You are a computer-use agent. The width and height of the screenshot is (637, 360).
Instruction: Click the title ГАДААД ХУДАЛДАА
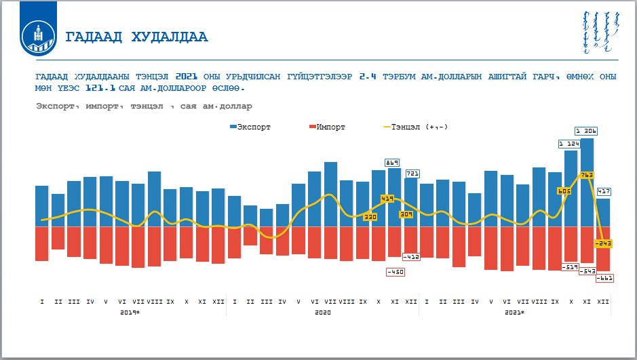(x=136, y=37)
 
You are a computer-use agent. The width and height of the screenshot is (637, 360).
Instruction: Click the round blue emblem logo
(x=38, y=37)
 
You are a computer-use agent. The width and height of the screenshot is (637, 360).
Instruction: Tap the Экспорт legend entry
(x=251, y=127)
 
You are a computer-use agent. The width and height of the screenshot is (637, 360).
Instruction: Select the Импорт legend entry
(x=327, y=127)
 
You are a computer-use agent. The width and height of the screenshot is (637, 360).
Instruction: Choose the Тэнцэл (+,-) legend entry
(x=416, y=127)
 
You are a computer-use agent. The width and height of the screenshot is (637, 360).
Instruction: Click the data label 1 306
(x=586, y=131)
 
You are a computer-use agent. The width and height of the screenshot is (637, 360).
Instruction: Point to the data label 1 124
(x=570, y=144)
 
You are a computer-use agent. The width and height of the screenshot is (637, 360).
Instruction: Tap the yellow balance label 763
(x=586, y=175)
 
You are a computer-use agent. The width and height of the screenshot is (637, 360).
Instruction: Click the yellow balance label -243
(x=603, y=243)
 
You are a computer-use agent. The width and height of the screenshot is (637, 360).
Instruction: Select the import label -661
(x=604, y=278)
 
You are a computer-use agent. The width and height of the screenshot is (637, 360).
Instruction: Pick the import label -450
(x=394, y=272)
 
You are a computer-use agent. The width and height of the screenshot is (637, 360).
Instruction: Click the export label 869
(x=392, y=162)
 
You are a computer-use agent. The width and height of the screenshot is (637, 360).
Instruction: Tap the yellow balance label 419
(x=387, y=199)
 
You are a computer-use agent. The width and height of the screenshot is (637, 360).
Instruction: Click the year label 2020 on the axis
(x=323, y=312)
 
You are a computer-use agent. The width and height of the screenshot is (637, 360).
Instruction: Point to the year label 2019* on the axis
(x=130, y=312)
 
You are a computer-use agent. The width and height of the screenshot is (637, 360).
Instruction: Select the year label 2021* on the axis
(x=515, y=312)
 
